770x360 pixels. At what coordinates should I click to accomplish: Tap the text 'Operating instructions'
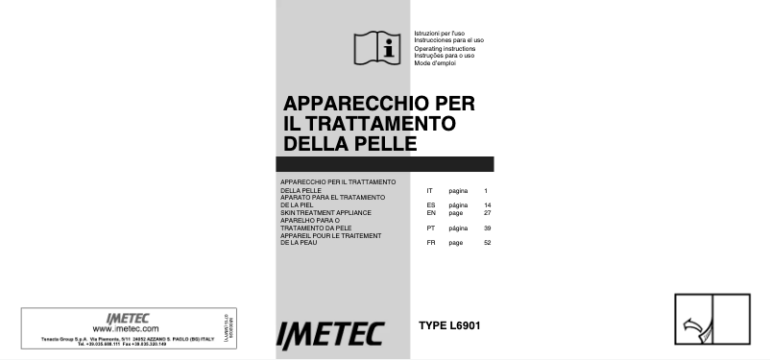click(x=445, y=48)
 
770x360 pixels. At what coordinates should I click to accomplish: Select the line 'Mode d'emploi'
click(x=434, y=62)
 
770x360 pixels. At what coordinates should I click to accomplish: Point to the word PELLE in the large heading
click(x=381, y=143)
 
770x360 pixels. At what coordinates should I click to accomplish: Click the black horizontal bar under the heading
click(x=384, y=164)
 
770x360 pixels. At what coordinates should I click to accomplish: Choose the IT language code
click(x=430, y=191)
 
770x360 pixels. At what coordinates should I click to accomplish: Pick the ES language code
click(x=431, y=205)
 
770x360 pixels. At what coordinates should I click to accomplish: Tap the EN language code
click(x=431, y=212)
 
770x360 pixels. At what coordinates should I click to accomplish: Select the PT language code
click(x=431, y=228)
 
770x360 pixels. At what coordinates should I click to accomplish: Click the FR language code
click(x=431, y=242)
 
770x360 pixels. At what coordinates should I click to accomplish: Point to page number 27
click(x=488, y=212)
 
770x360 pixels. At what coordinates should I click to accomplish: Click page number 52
click(x=488, y=242)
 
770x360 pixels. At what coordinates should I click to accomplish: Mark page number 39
click(x=488, y=228)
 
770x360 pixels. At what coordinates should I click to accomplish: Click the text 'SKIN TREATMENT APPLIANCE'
click(x=325, y=212)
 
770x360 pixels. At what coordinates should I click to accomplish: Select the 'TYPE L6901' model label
click(x=449, y=326)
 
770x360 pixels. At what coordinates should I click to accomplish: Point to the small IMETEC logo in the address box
click(x=123, y=318)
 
